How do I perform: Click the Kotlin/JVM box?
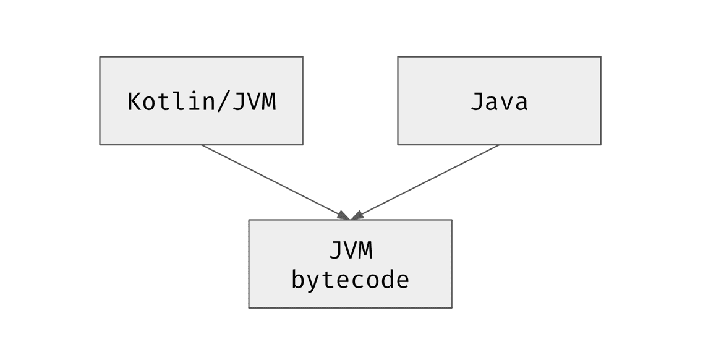202,100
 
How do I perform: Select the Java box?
499,100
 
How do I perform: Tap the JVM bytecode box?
350,264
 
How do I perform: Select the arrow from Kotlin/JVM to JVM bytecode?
275,182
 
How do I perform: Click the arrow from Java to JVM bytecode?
425,182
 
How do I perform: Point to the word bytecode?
350,280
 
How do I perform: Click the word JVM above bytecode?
351,250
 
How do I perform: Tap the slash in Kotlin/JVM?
224,101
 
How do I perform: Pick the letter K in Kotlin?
135,101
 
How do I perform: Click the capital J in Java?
477,101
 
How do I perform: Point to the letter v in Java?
506,104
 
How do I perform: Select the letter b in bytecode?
299,279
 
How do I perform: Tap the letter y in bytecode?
313,283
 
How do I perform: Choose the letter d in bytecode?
387,279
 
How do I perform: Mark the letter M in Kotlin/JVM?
269,101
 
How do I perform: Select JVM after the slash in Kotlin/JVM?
254,102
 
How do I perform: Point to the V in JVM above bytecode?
351,250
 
